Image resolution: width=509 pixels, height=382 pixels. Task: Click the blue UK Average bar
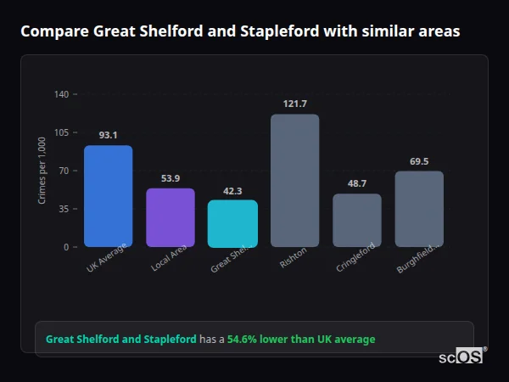pyautogui.click(x=108, y=196)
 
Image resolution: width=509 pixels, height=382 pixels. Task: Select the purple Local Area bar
pyautogui.click(x=170, y=217)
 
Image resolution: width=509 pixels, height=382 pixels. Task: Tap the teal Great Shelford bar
pyautogui.click(x=232, y=223)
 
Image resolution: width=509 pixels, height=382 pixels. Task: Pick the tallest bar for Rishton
pyautogui.click(x=294, y=180)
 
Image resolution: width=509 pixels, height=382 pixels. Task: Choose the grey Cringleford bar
pyautogui.click(x=356, y=221)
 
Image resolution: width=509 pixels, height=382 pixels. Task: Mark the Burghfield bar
pyautogui.click(x=419, y=209)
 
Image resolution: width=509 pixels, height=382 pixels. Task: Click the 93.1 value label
pyautogui.click(x=108, y=135)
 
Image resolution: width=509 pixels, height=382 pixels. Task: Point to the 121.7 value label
pyautogui.click(x=294, y=104)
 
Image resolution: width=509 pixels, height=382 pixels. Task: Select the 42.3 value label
pyautogui.click(x=232, y=190)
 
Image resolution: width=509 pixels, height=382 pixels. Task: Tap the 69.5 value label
pyautogui.click(x=419, y=161)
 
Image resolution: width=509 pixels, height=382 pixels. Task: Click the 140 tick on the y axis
pyautogui.click(x=61, y=94)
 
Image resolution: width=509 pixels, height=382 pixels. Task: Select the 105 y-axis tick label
pyautogui.click(x=61, y=132)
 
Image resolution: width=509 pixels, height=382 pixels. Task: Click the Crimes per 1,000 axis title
pyautogui.click(x=42, y=170)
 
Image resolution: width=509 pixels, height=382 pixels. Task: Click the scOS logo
pyautogui.click(x=461, y=357)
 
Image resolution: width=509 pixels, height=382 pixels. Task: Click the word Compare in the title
pyautogui.click(x=54, y=31)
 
